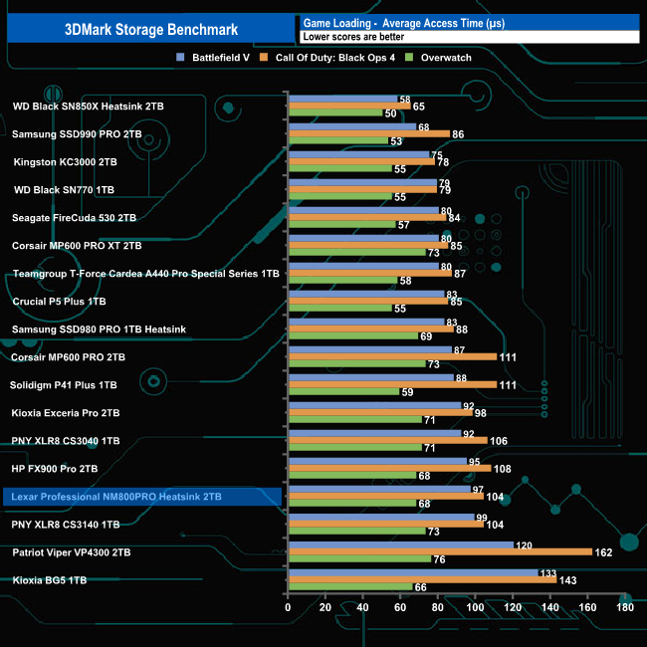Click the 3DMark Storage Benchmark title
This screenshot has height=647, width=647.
click(149, 27)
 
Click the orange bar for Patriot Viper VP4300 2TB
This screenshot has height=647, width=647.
click(439, 551)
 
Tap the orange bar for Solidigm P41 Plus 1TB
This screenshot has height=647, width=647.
click(391, 384)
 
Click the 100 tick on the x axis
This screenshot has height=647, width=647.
click(475, 606)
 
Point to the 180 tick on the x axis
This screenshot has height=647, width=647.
click(624, 606)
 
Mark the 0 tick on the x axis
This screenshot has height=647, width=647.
click(288, 606)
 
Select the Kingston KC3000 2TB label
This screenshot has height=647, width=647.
click(66, 161)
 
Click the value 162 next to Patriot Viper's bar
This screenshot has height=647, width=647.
click(603, 551)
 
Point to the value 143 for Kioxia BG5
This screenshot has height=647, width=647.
click(567, 579)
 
